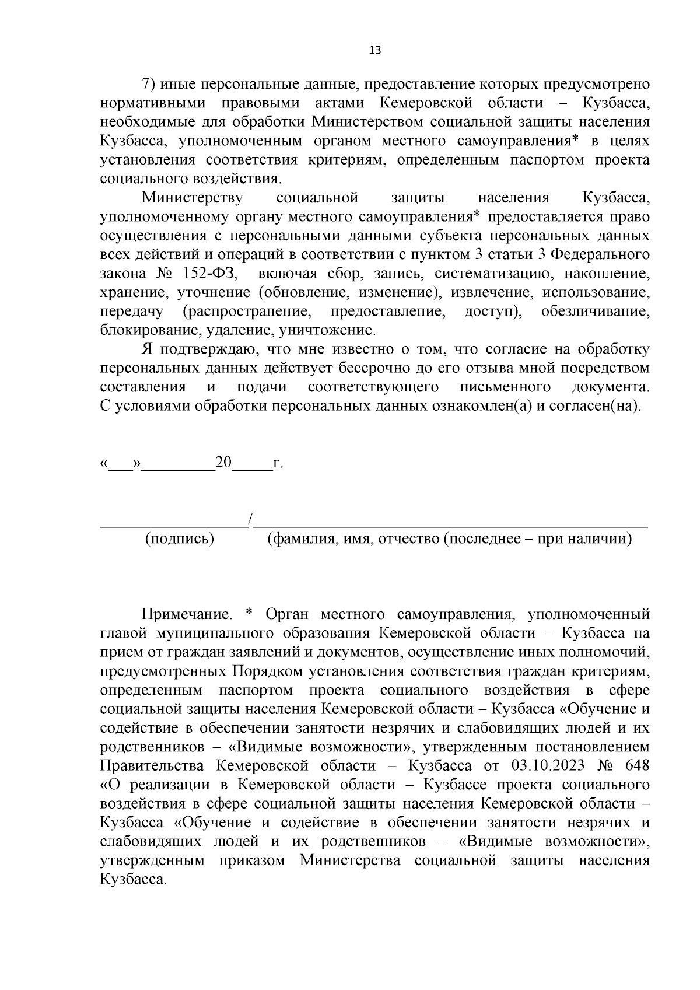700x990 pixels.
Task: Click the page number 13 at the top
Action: [x=375, y=50]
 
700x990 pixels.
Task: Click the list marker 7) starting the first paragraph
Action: [x=150, y=85]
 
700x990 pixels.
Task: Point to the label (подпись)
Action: [x=180, y=538]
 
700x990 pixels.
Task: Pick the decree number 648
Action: [x=636, y=765]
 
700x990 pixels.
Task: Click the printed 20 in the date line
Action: [x=223, y=463]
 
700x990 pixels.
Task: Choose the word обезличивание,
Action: [x=596, y=312]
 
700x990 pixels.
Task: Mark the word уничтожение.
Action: [x=327, y=331]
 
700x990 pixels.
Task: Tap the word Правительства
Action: [x=152, y=765]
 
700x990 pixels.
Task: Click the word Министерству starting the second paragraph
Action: [x=192, y=198]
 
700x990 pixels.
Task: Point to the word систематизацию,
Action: [x=491, y=274]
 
